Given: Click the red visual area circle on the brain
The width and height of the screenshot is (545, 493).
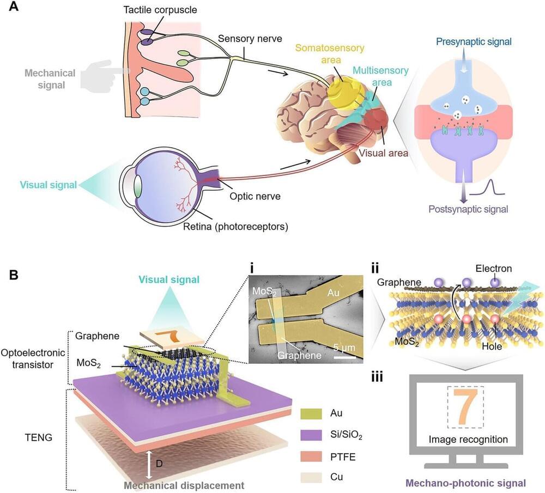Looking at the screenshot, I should [376, 120].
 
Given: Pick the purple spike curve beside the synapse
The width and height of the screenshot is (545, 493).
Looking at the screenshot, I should [489, 188].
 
